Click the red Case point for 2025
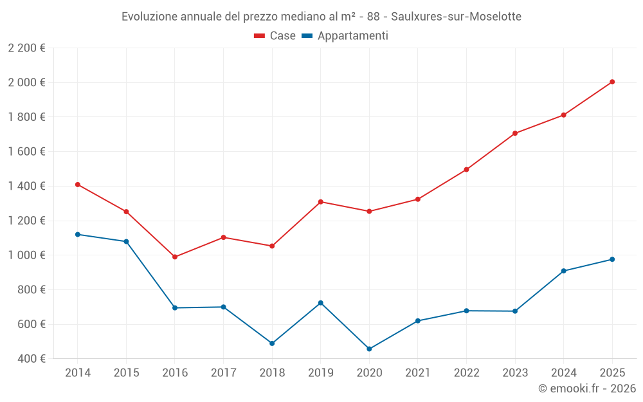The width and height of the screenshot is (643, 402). click(612, 82)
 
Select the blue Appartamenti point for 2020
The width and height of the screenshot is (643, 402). click(369, 349)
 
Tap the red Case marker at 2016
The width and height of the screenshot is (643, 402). click(175, 257)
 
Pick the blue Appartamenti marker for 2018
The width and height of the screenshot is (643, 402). click(272, 343)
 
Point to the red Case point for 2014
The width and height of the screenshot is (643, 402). click(78, 185)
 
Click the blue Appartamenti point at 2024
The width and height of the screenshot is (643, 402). click(563, 271)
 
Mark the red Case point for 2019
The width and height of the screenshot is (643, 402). click(320, 202)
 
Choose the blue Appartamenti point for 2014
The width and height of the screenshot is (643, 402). click(78, 234)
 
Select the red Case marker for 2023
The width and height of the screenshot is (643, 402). click(515, 133)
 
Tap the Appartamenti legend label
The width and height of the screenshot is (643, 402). click(352, 36)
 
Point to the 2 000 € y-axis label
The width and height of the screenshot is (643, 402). click(26, 82)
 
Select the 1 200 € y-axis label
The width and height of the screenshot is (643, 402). click(26, 221)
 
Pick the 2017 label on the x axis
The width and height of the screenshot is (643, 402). click(223, 373)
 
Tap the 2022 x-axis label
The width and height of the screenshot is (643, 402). click(466, 373)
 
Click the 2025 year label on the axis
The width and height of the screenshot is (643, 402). click(612, 373)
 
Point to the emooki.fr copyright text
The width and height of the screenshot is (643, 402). click(587, 388)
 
